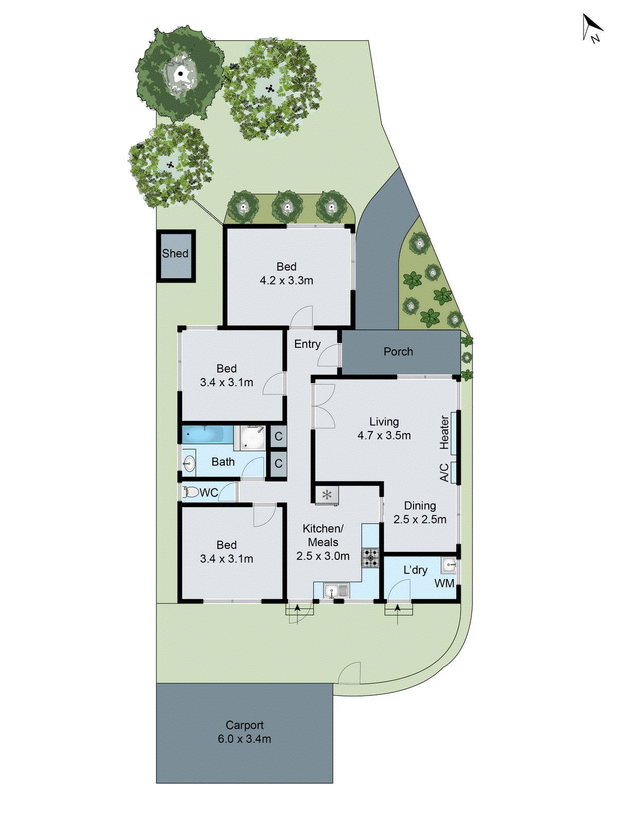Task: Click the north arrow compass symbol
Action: click(592, 28)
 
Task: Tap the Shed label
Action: click(175, 254)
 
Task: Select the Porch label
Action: click(398, 352)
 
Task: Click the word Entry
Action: click(307, 344)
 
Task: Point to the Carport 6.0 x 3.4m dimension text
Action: click(244, 739)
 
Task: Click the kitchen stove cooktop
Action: click(370, 558)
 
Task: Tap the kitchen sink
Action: click(336, 591)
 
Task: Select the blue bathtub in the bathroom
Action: click(207, 434)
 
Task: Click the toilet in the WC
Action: click(191, 493)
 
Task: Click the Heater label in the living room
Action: click(445, 432)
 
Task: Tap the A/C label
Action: click(445, 472)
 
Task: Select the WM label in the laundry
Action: click(444, 583)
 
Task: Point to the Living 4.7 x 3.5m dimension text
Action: click(384, 435)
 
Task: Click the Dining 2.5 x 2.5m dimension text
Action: click(420, 520)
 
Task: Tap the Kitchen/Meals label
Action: click(323, 535)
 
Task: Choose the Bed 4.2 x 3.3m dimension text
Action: click(286, 281)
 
